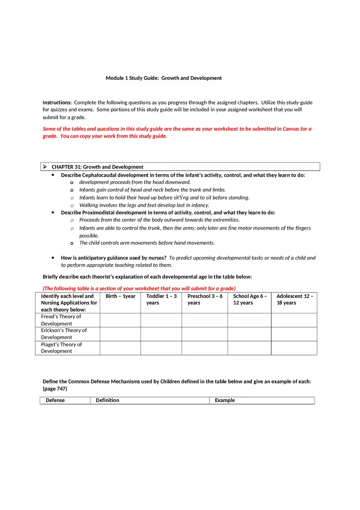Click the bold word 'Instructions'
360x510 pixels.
pyautogui.click(x=56, y=103)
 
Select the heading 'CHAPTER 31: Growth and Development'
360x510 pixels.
pyautogui.click(x=97, y=167)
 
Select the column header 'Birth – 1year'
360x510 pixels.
pyautogui.click(x=120, y=296)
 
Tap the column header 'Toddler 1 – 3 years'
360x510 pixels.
pyautogui.click(x=161, y=299)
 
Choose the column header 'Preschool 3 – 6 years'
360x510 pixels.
pyautogui.click(x=205, y=299)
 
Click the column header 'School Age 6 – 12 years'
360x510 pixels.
pyautogui.click(x=250, y=299)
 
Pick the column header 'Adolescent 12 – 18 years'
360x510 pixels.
pyautogui.click(x=294, y=299)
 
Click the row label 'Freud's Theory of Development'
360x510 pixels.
pyautogui.click(x=61, y=320)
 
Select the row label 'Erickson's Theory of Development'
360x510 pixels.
pyautogui.click(x=64, y=334)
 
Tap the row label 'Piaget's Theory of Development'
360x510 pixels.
pyautogui.click(x=61, y=348)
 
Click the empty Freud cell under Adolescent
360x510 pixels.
pyautogui.click(x=294, y=320)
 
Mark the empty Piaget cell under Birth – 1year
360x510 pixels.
pyautogui.click(x=120, y=348)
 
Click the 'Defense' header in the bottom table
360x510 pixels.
pyautogui.click(x=55, y=400)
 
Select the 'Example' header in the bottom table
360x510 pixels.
pyautogui.click(x=225, y=400)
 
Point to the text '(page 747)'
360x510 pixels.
pyautogui.click(x=55, y=389)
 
